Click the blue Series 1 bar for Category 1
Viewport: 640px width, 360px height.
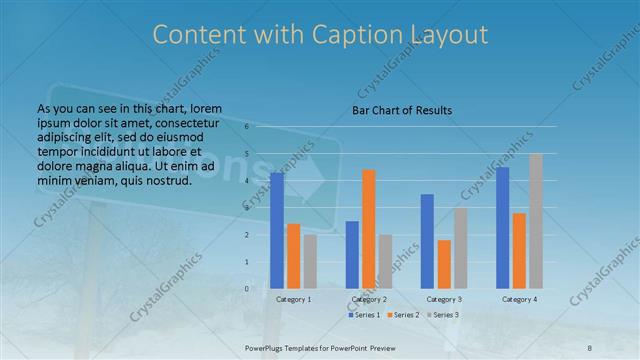point(277,231)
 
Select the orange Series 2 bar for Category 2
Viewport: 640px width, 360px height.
point(369,229)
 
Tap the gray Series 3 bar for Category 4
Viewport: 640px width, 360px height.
point(536,221)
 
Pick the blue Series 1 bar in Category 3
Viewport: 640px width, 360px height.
point(427,241)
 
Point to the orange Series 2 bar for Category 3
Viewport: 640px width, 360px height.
point(444,264)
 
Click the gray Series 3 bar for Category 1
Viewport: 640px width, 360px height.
point(311,261)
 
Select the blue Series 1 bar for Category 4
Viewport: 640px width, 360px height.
point(502,228)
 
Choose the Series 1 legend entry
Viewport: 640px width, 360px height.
point(364,315)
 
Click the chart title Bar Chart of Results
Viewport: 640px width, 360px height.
point(402,110)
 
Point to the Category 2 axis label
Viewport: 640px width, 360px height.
point(368,299)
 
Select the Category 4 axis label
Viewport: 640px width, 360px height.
point(519,299)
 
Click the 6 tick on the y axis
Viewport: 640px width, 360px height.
point(246,128)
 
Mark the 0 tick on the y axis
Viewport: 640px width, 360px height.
point(246,289)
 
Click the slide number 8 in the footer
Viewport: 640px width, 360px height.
point(590,345)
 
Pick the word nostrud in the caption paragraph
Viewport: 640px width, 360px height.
point(161,179)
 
